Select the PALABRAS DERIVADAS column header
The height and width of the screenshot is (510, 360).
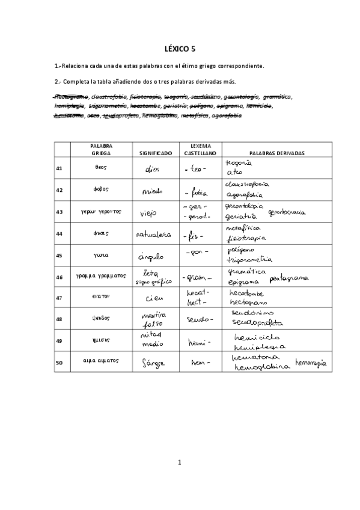[268, 153]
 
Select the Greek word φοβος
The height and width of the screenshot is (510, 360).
[100, 190]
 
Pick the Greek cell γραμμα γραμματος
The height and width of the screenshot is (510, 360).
[100, 277]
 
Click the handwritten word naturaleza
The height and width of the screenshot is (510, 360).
[152, 235]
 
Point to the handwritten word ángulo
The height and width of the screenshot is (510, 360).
[151, 257]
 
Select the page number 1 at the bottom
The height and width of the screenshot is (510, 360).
[180, 462]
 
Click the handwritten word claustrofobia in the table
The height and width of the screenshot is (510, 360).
[247, 185]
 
